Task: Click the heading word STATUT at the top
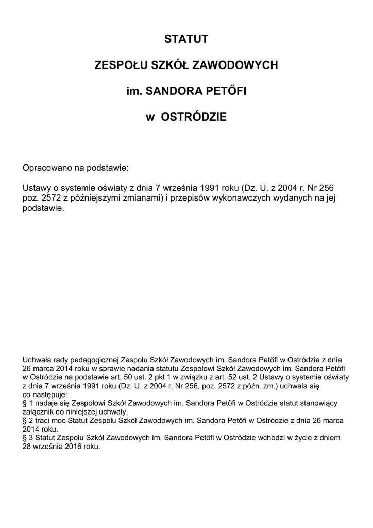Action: (186, 39)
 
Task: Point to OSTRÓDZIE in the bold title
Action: (194, 118)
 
